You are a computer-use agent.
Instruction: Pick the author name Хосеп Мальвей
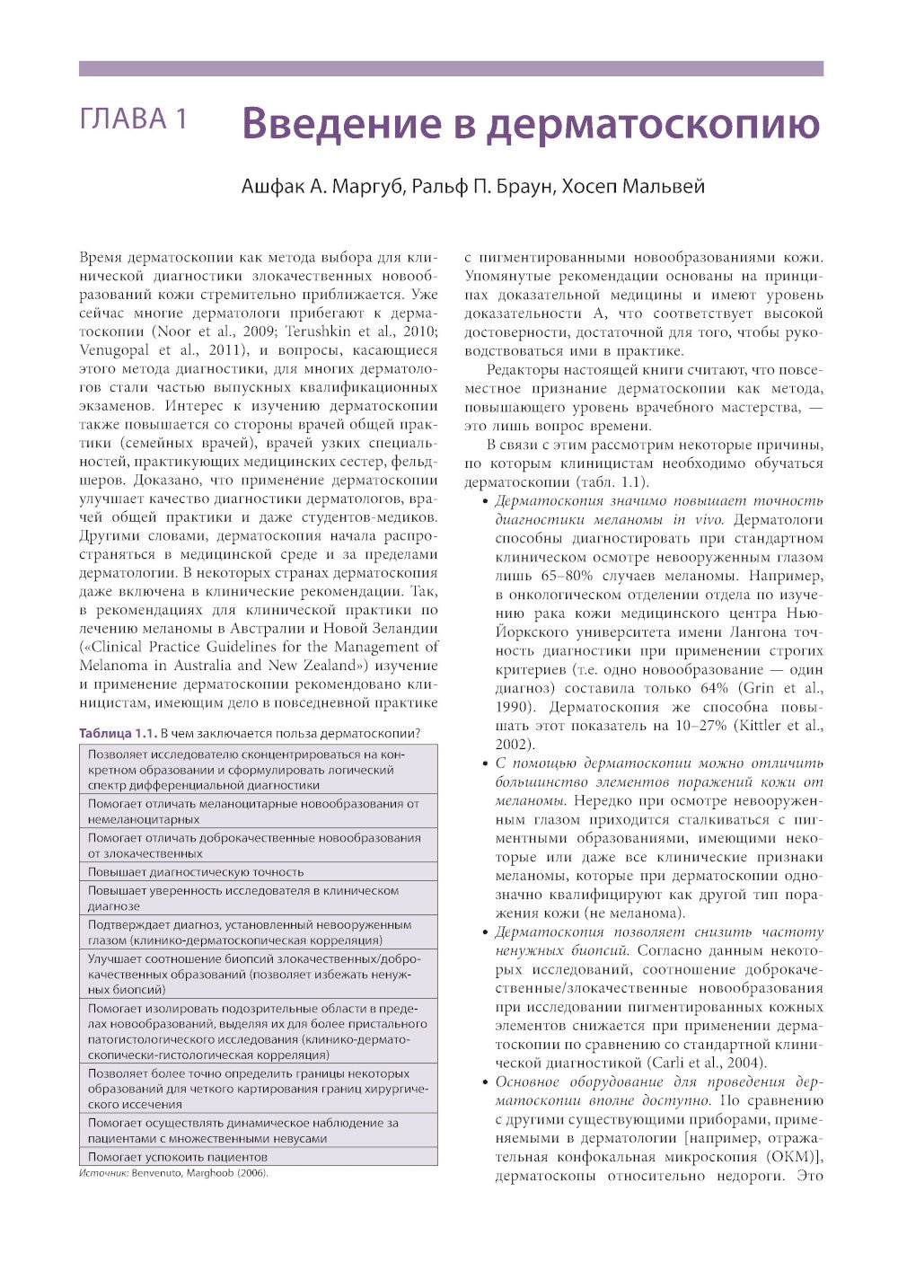tap(633, 187)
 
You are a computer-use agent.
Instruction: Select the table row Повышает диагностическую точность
tap(196, 872)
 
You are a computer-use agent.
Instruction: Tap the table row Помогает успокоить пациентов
tap(178, 1157)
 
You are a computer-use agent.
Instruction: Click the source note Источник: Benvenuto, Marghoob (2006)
tap(173, 1173)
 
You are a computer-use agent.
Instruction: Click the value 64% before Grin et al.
tap(714, 688)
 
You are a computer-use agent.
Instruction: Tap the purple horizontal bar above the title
tap(451, 68)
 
